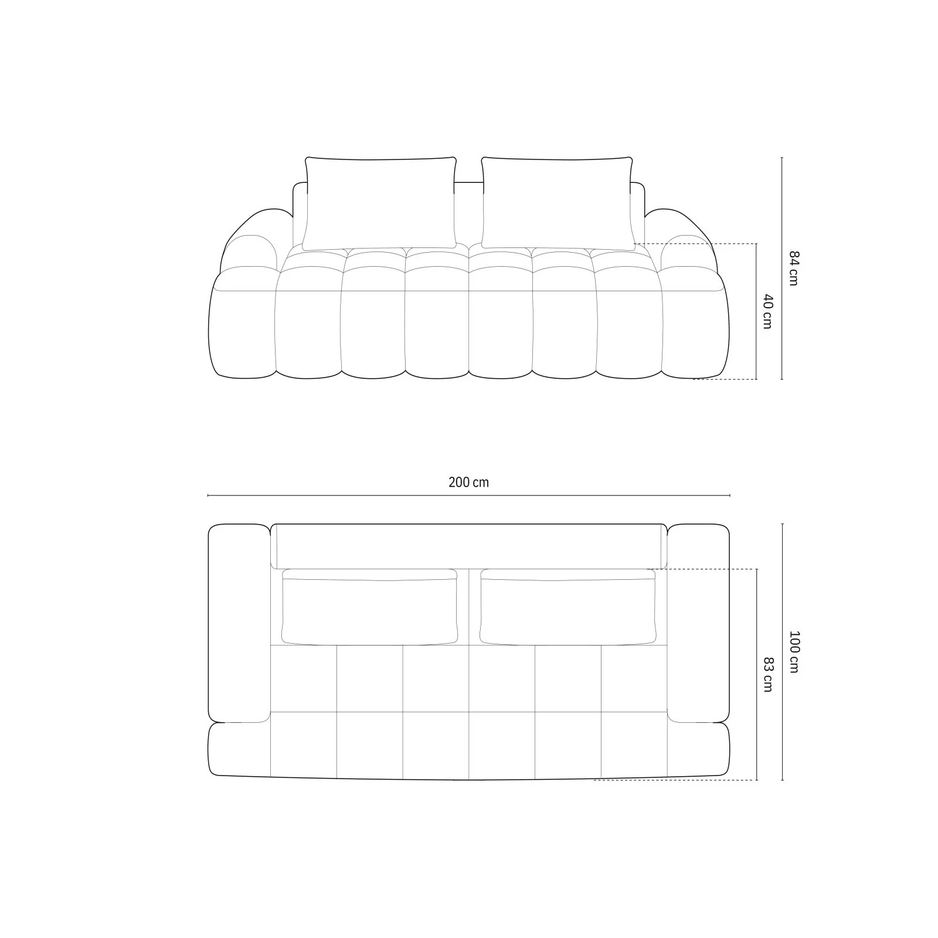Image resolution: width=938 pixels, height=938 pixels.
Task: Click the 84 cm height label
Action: [x=793, y=268]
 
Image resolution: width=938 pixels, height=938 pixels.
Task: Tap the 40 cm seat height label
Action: [x=768, y=311]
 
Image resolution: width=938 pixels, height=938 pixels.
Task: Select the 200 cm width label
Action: [x=468, y=482]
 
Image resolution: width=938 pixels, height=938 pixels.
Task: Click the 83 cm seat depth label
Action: [x=768, y=674]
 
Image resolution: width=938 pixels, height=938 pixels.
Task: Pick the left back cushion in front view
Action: [x=380, y=203]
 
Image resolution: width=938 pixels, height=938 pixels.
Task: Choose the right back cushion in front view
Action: [x=558, y=203]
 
